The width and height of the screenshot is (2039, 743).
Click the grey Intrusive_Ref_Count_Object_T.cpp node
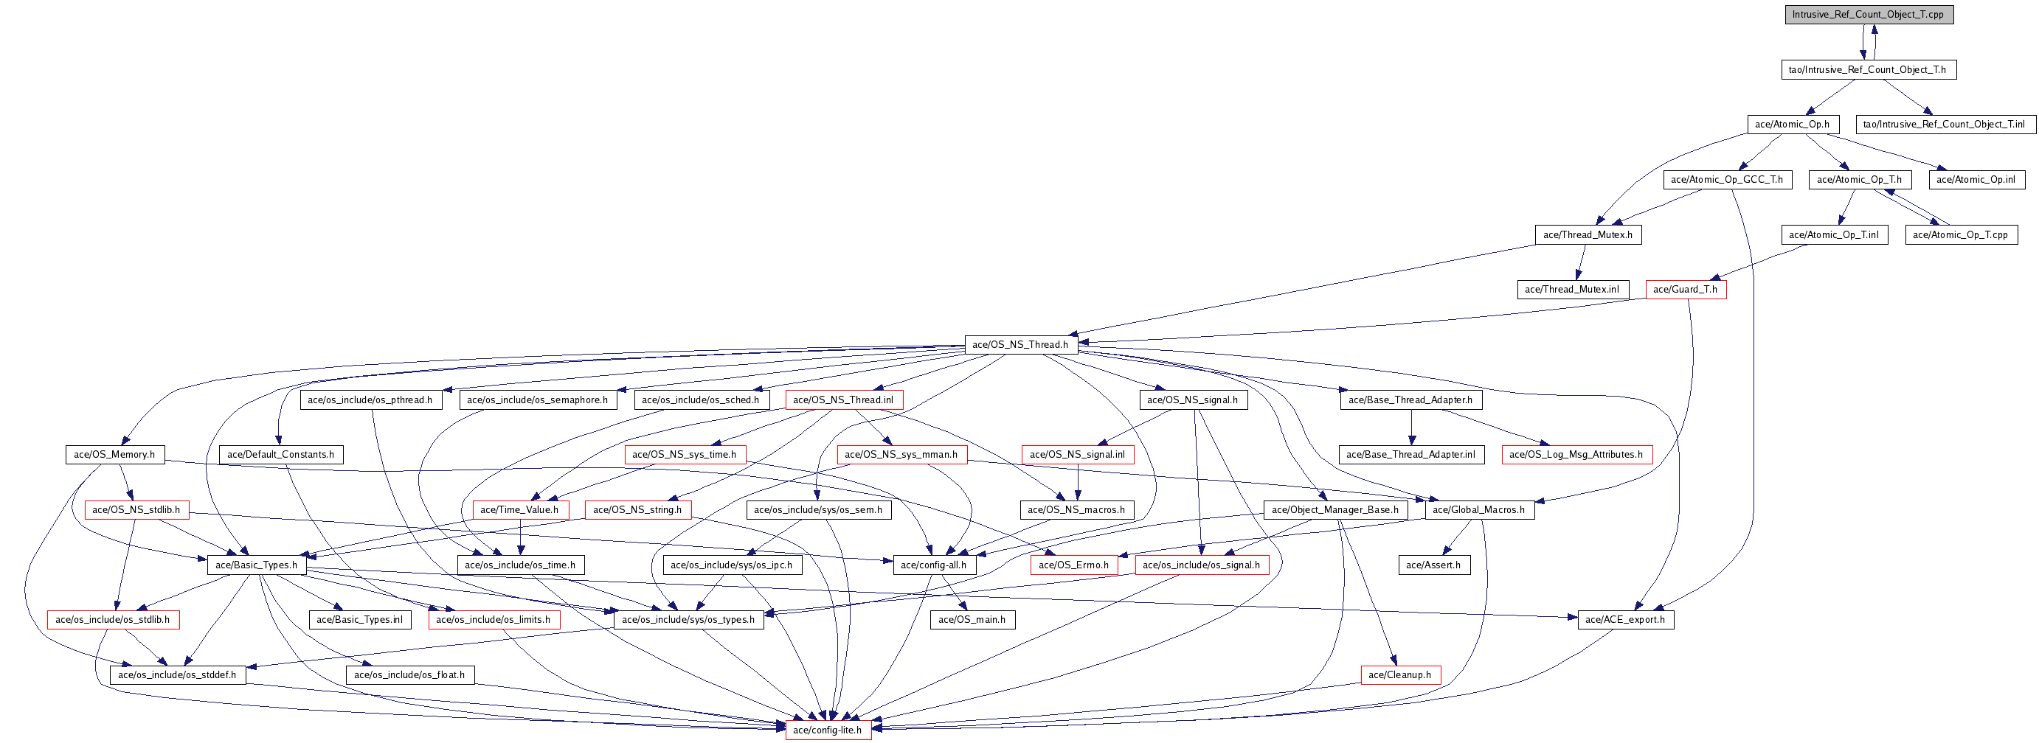1869,14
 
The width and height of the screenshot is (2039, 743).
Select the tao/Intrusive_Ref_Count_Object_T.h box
1867,69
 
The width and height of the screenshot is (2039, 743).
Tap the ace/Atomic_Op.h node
1792,125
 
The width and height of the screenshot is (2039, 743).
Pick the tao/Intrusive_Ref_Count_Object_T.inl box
1944,125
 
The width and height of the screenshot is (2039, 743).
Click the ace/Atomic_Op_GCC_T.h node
1726,180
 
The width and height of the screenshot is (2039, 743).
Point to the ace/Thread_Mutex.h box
1588,234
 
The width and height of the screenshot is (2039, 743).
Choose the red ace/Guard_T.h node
1685,290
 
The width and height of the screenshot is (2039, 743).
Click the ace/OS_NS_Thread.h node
1020,344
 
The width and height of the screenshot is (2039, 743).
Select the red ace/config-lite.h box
827,730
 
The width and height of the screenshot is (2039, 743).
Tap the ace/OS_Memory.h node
115,454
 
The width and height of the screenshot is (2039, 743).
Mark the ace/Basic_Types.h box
257,565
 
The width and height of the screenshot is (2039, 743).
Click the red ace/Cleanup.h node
1399,675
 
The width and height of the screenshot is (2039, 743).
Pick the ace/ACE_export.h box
1625,620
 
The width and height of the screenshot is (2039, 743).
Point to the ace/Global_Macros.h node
1478,509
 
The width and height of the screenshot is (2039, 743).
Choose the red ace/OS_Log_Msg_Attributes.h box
1576,454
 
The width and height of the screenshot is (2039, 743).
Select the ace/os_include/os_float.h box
409,675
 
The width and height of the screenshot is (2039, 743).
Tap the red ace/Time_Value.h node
519,509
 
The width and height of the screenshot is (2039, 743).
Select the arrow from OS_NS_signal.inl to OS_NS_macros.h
1077,482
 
